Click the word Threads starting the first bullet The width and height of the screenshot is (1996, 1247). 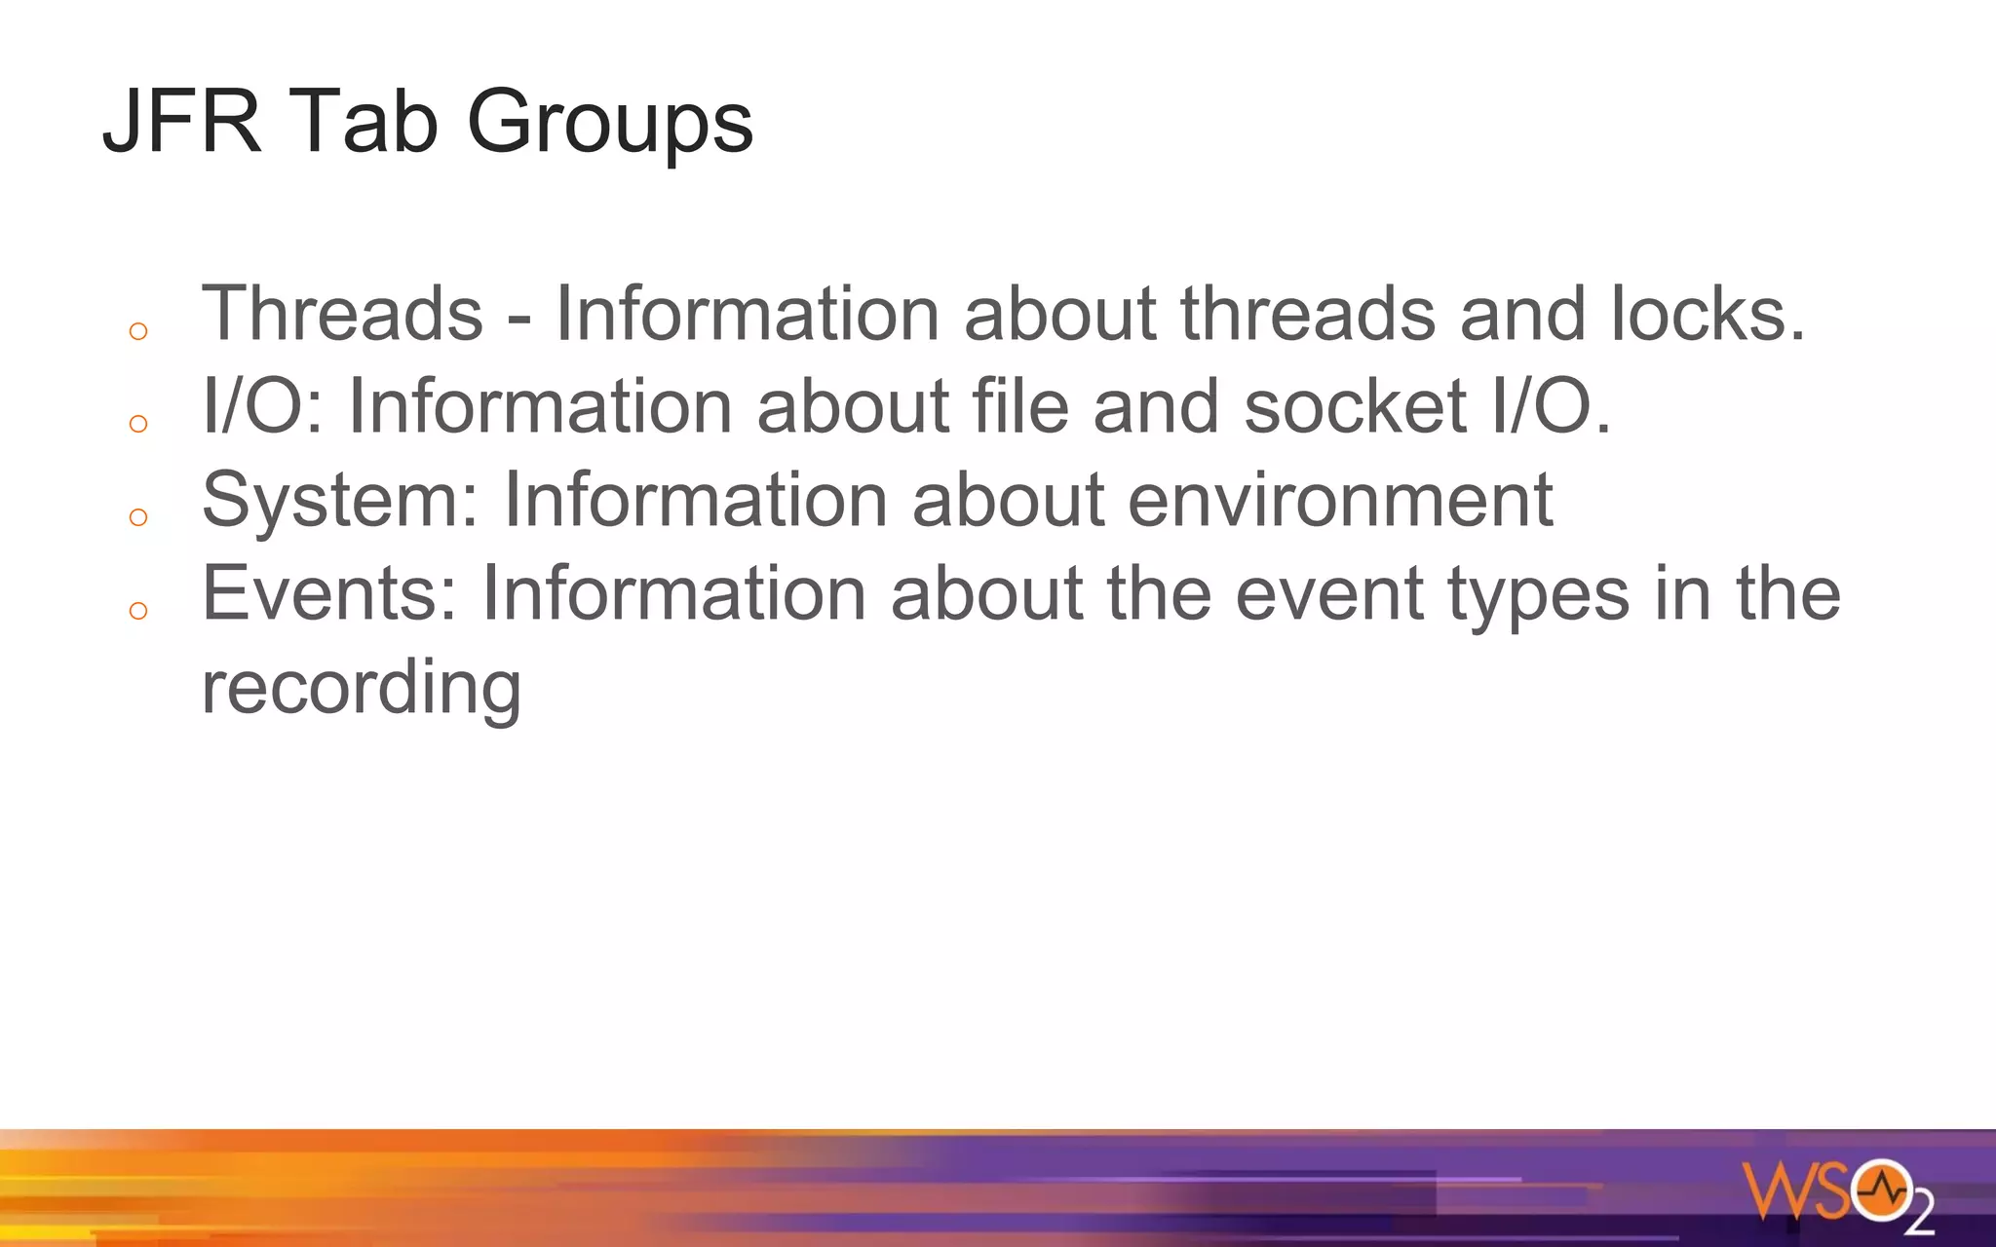click(x=342, y=314)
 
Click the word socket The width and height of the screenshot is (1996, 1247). click(x=1355, y=406)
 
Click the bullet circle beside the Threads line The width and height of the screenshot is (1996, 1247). click(x=138, y=331)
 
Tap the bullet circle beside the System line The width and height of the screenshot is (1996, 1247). click(x=138, y=517)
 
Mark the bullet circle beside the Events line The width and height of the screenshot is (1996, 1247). click(x=138, y=611)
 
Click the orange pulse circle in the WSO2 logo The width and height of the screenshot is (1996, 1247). click(x=1882, y=1190)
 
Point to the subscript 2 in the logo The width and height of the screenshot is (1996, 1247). click(x=1918, y=1212)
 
